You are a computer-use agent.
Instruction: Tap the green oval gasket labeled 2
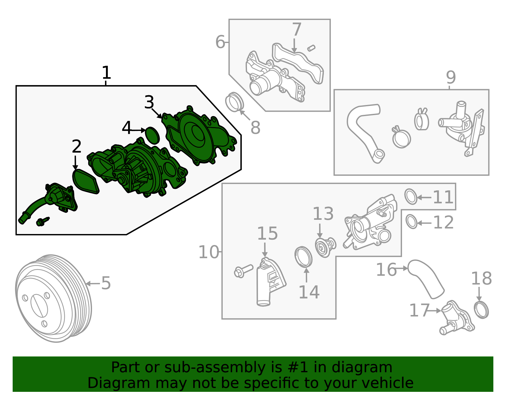pos(85,182)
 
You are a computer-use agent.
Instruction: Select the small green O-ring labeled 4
pos(152,135)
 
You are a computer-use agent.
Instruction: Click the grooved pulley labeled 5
pos(53,299)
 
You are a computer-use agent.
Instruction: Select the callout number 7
pos(297,29)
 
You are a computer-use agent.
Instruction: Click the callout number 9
pos(451,77)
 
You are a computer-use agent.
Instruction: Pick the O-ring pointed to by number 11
pos(411,197)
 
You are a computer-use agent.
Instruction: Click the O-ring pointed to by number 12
pos(411,222)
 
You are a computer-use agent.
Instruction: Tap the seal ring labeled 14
pos(303,257)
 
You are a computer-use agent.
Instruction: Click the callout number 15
pos(267,233)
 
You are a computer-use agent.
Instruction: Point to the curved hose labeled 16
pos(426,279)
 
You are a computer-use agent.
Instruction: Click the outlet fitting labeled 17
pos(456,318)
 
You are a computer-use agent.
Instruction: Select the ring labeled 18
pos(481,310)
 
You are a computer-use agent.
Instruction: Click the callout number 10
pos(209,252)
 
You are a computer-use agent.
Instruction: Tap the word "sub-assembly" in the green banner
pos(215,367)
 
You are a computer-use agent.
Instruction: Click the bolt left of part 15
pos(243,271)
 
